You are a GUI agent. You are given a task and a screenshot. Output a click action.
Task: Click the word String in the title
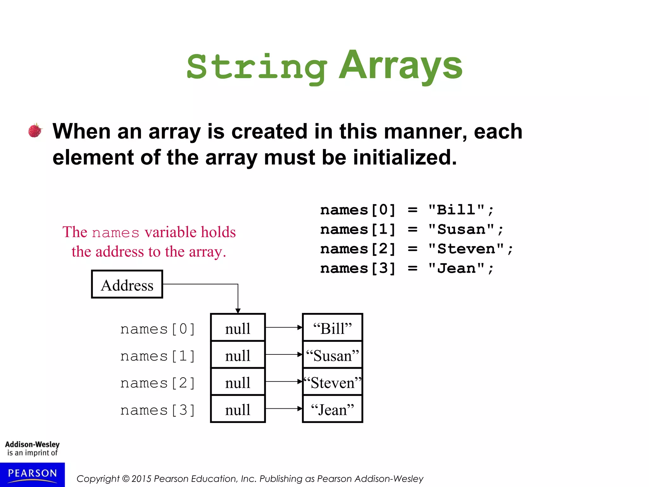coord(257,68)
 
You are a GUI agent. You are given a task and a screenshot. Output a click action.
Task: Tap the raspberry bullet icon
coord(35,130)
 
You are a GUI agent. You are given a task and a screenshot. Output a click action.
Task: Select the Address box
coord(127,284)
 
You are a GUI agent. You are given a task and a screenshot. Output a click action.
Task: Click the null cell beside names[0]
coord(238,328)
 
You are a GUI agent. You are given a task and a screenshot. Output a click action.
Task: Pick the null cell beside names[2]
coord(238,382)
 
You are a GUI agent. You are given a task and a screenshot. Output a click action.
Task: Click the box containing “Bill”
coord(332,328)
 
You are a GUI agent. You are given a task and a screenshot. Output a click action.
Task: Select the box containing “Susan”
coord(332,355)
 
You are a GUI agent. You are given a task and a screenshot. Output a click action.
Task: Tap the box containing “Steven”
coord(332,382)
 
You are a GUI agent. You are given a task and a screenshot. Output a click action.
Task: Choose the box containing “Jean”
coord(332,409)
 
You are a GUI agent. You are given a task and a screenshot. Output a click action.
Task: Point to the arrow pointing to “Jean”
coord(284,409)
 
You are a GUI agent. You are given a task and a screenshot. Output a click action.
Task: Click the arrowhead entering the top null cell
coord(238,311)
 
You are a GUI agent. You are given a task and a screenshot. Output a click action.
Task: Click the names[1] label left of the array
coord(157,356)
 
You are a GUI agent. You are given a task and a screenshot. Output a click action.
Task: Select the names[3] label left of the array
coord(157,410)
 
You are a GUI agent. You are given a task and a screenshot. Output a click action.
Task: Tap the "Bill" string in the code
coord(456,210)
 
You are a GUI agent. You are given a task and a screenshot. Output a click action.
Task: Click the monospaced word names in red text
coord(116,233)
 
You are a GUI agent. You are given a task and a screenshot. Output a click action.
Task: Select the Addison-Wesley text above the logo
coord(32,444)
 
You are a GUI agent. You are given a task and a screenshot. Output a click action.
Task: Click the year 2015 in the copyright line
coord(141,479)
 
